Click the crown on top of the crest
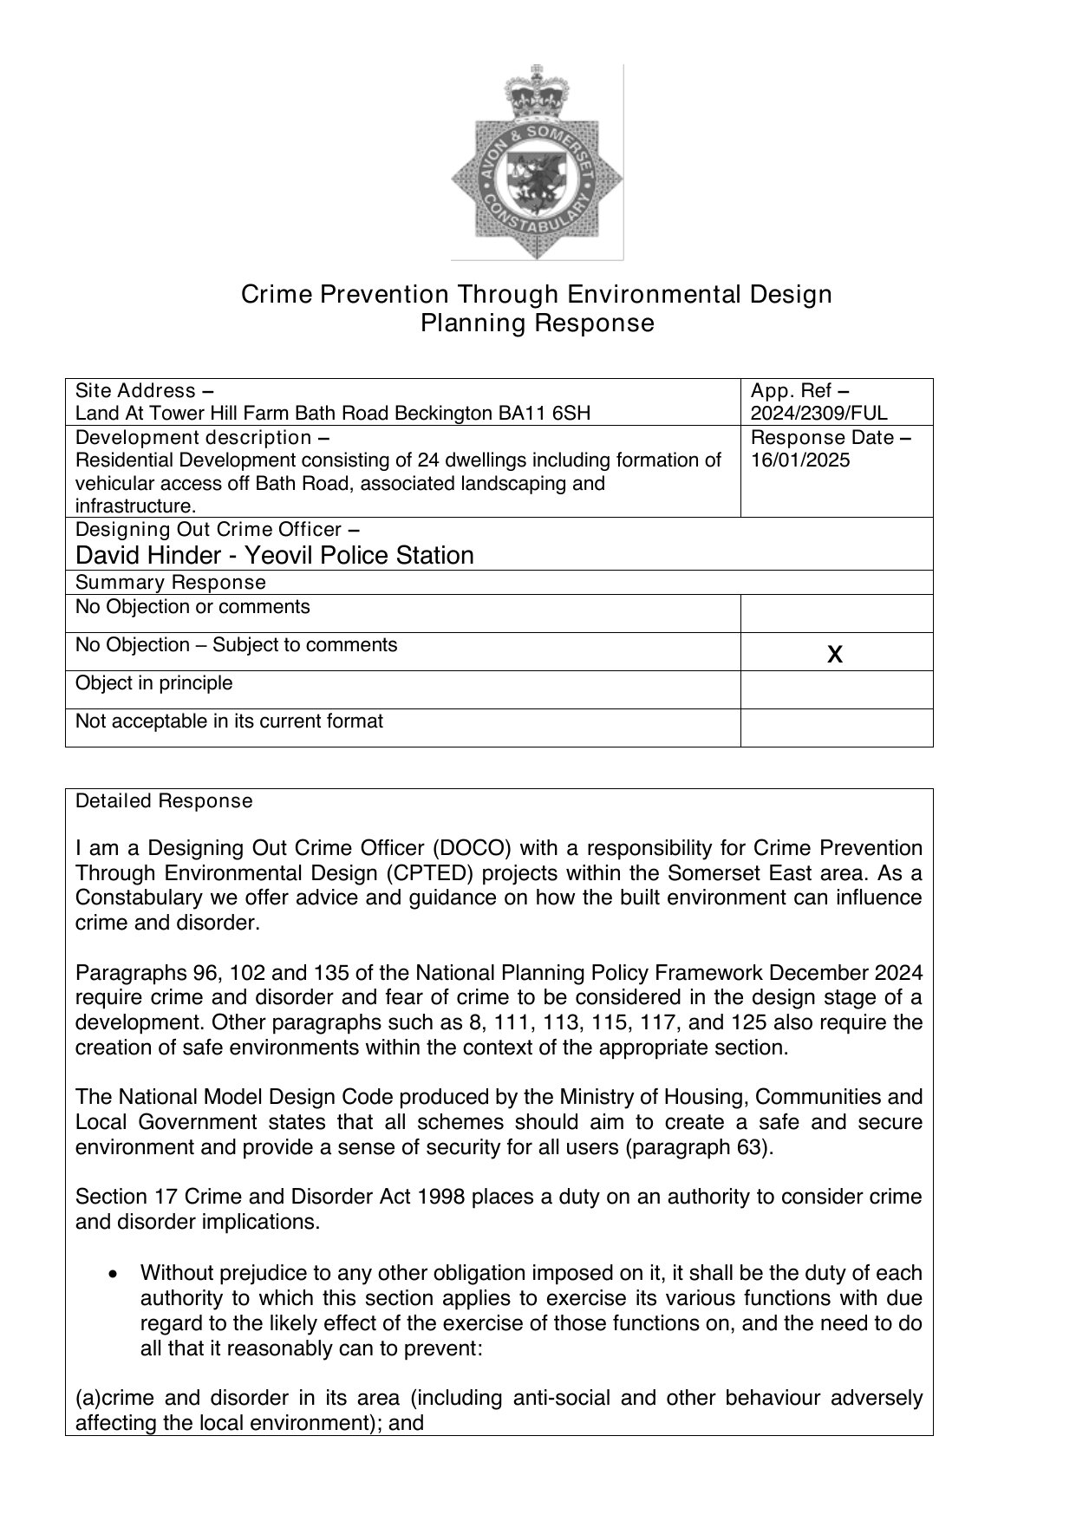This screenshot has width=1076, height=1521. pos(537,94)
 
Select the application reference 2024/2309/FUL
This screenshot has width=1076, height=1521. pos(818,413)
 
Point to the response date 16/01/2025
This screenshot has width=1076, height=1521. pos(800,460)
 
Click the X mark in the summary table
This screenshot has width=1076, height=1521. pos(835,653)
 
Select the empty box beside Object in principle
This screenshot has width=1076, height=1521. pos(836,689)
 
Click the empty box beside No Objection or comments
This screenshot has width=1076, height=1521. pos(836,613)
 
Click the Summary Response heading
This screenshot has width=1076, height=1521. pos(171,582)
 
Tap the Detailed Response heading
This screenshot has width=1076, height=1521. pos(164,801)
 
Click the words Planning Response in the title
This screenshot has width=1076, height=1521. pos(537,323)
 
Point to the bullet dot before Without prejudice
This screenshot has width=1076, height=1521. pos(113,1274)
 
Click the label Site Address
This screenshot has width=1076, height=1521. pos(135,390)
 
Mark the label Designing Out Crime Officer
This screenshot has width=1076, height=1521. pos(208,529)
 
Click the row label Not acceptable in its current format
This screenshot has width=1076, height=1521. pos(229,721)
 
